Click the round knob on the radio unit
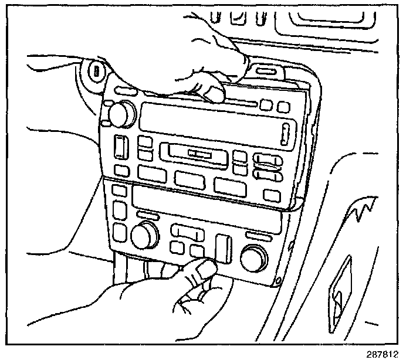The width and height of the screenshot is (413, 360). coord(121,114)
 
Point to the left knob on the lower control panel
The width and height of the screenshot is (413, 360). coord(144,236)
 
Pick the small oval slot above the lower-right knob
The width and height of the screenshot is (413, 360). coord(256,236)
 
